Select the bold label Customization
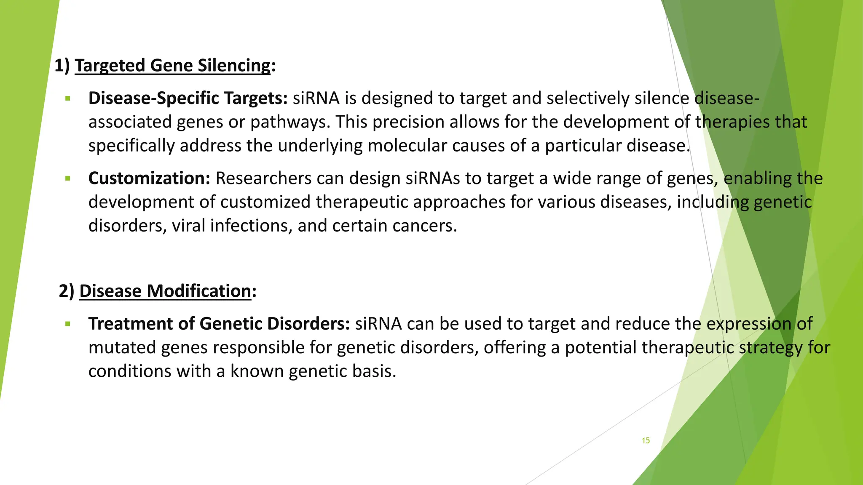click(149, 179)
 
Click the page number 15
click(646, 440)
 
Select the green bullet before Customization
click(67, 179)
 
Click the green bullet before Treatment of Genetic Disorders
click(67, 324)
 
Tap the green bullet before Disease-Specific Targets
click(67, 99)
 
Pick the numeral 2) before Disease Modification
click(67, 291)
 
